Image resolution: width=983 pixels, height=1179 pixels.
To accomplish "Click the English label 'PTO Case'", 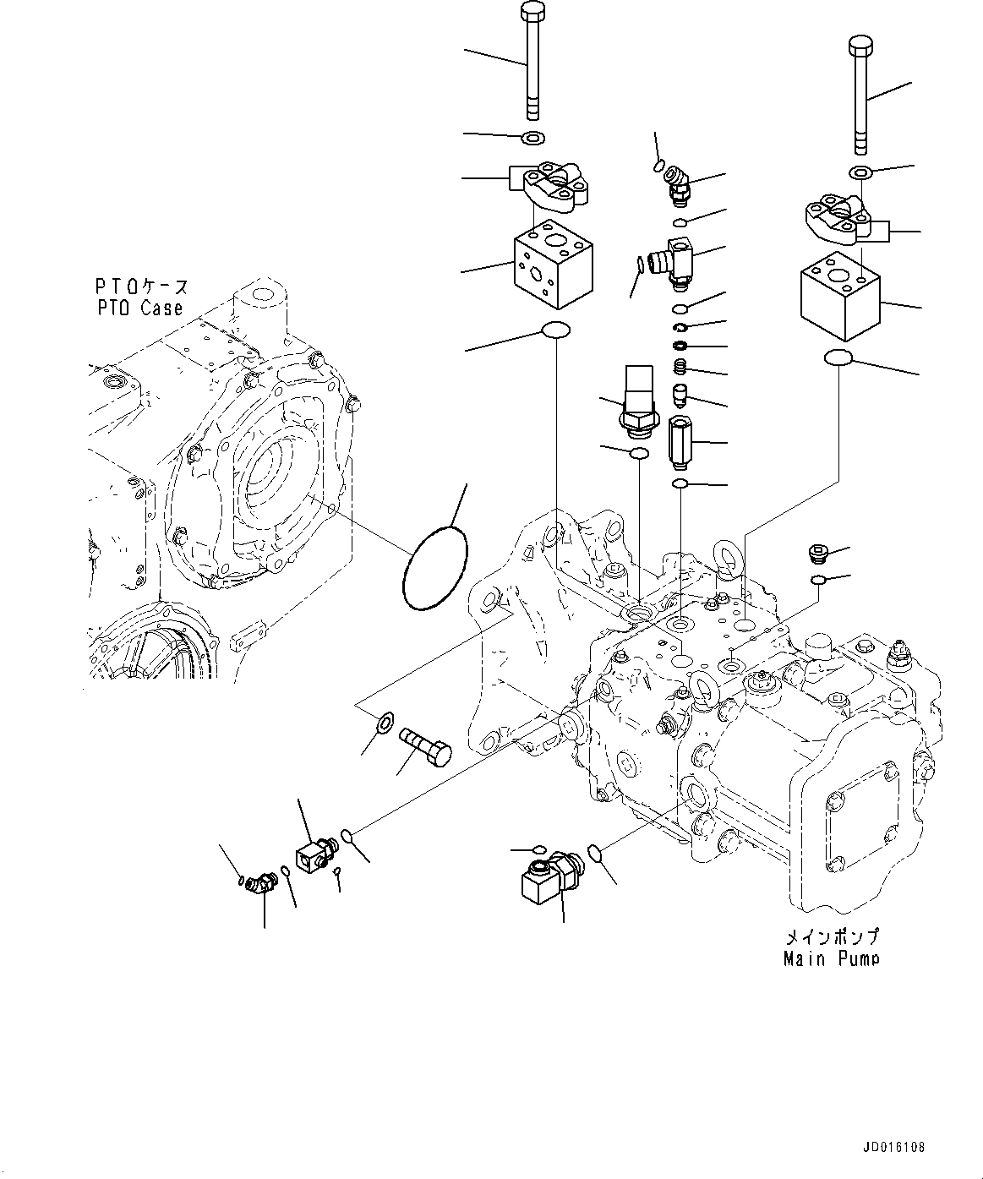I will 140,308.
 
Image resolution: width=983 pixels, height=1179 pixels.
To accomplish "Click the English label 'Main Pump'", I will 831,958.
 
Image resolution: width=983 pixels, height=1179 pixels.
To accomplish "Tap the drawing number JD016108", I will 894,1148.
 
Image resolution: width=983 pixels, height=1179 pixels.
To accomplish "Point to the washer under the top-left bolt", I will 533,138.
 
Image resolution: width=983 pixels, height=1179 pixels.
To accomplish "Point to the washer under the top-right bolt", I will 860,173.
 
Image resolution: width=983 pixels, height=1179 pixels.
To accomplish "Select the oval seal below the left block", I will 554,331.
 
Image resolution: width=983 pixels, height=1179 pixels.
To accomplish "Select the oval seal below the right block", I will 838,358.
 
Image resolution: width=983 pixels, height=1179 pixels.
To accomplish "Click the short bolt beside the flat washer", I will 427,745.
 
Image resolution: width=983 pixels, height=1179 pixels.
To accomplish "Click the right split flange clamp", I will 837,218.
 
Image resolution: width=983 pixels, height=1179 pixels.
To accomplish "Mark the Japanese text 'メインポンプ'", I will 832,936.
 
